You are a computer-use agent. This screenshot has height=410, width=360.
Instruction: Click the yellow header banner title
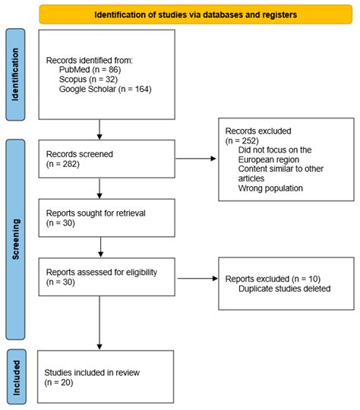click(196, 14)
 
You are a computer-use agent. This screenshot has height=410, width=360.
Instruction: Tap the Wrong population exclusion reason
click(271, 188)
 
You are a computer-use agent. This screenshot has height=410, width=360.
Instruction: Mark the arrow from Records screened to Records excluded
click(195, 158)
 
